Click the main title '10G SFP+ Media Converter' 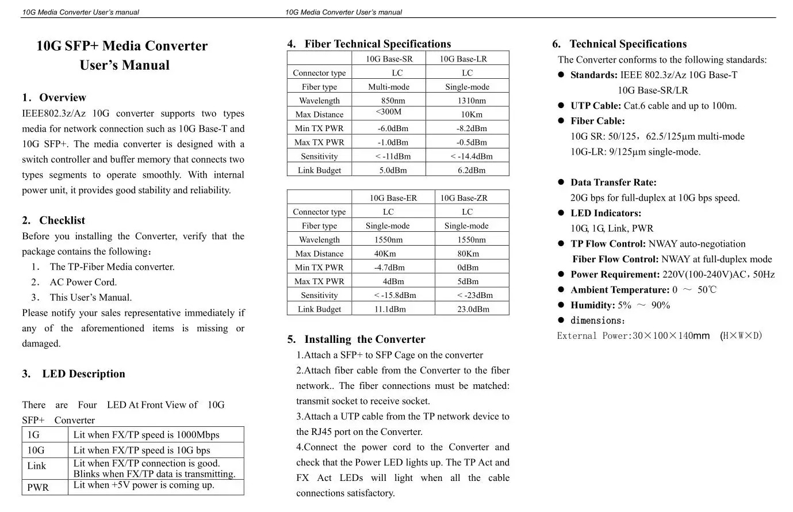122,46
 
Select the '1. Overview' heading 54,97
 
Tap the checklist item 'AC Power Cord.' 83,282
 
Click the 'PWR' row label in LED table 38,487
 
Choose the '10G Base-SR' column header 389,59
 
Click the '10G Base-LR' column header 463,59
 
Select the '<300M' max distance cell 389,112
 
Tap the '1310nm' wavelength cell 472,101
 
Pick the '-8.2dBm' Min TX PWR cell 472,128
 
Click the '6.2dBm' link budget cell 472,170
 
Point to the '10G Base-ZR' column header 463,198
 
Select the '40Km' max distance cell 385,254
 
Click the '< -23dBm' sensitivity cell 474,295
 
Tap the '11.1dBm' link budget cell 390,309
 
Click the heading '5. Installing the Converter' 356,339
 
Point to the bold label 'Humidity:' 593,305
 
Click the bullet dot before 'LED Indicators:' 561,213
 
